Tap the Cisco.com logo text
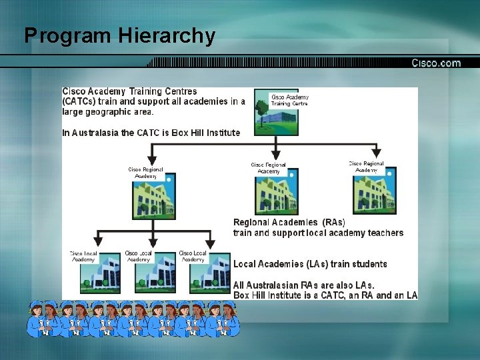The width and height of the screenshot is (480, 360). tap(436, 63)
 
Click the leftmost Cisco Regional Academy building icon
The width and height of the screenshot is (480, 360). tap(155, 193)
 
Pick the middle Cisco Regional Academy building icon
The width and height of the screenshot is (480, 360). tap(276, 193)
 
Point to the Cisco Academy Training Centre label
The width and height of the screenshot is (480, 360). tap(290, 100)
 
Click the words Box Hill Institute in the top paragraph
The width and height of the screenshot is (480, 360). tap(205, 133)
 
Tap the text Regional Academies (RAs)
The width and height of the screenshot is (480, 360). tap(289, 222)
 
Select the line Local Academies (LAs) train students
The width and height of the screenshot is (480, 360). tap(310, 264)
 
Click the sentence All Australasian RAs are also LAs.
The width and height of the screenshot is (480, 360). tap(304, 285)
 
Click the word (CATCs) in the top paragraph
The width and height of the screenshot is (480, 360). tap(84, 101)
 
